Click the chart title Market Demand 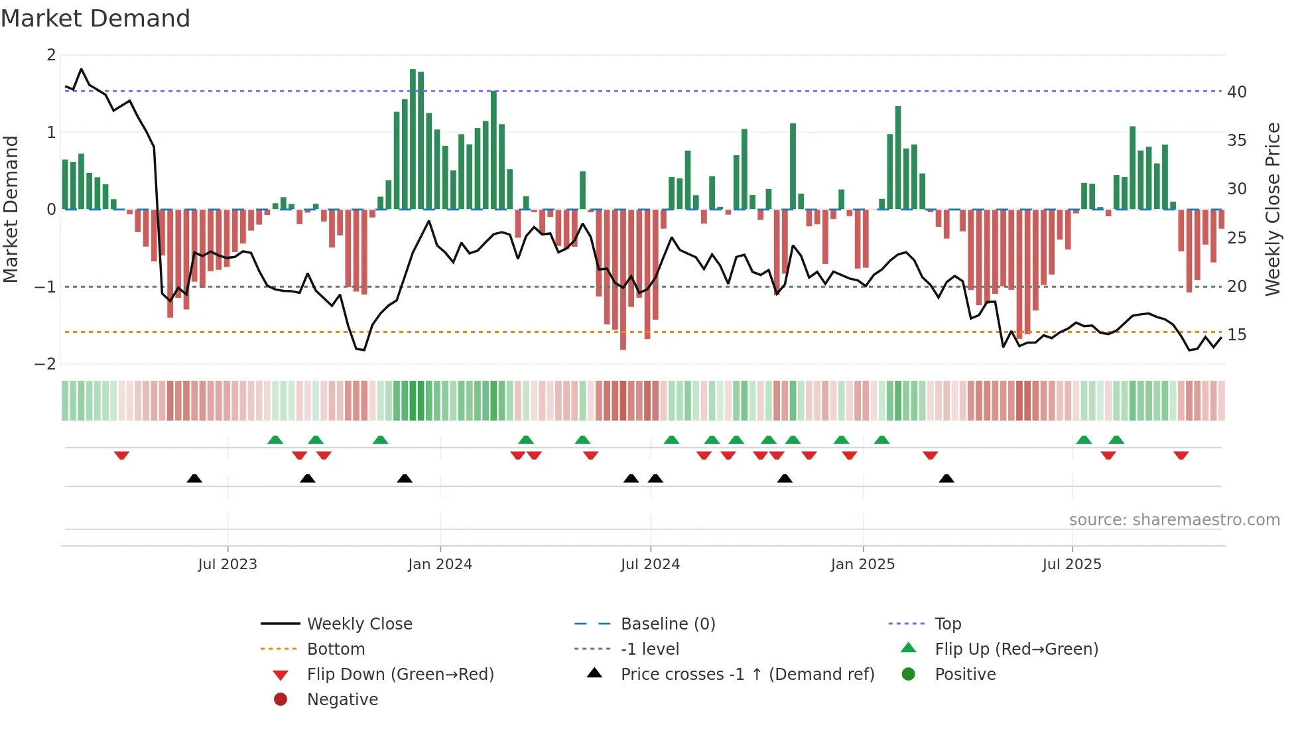pyautogui.click(x=96, y=18)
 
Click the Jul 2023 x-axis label pyautogui.click(x=227, y=565)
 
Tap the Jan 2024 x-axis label pyautogui.click(x=440, y=565)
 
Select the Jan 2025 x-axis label pyautogui.click(x=862, y=565)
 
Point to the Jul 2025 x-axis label pyautogui.click(x=1071, y=565)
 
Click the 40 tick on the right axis pyautogui.click(x=1236, y=92)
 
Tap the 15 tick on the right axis pyautogui.click(x=1236, y=335)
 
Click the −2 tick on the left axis pyautogui.click(x=46, y=364)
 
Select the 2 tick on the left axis pyautogui.click(x=51, y=55)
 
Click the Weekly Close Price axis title pyautogui.click(x=1272, y=209)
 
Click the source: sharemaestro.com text pyautogui.click(x=1174, y=520)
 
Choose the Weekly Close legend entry pyautogui.click(x=359, y=624)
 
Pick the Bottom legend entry pyautogui.click(x=336, y=649)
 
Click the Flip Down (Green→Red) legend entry pyautogui.click(x=400, y=675)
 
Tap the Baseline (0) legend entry pyautogui.click(x=667, y=624)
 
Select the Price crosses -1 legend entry pyautogui.click(x=747, y=675)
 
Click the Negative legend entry pyautogui.click(x=342, y=700)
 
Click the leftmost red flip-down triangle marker pyautogui.click(x=121, y=455)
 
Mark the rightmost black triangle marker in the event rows pyautogui.click(x=946, y=478)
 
